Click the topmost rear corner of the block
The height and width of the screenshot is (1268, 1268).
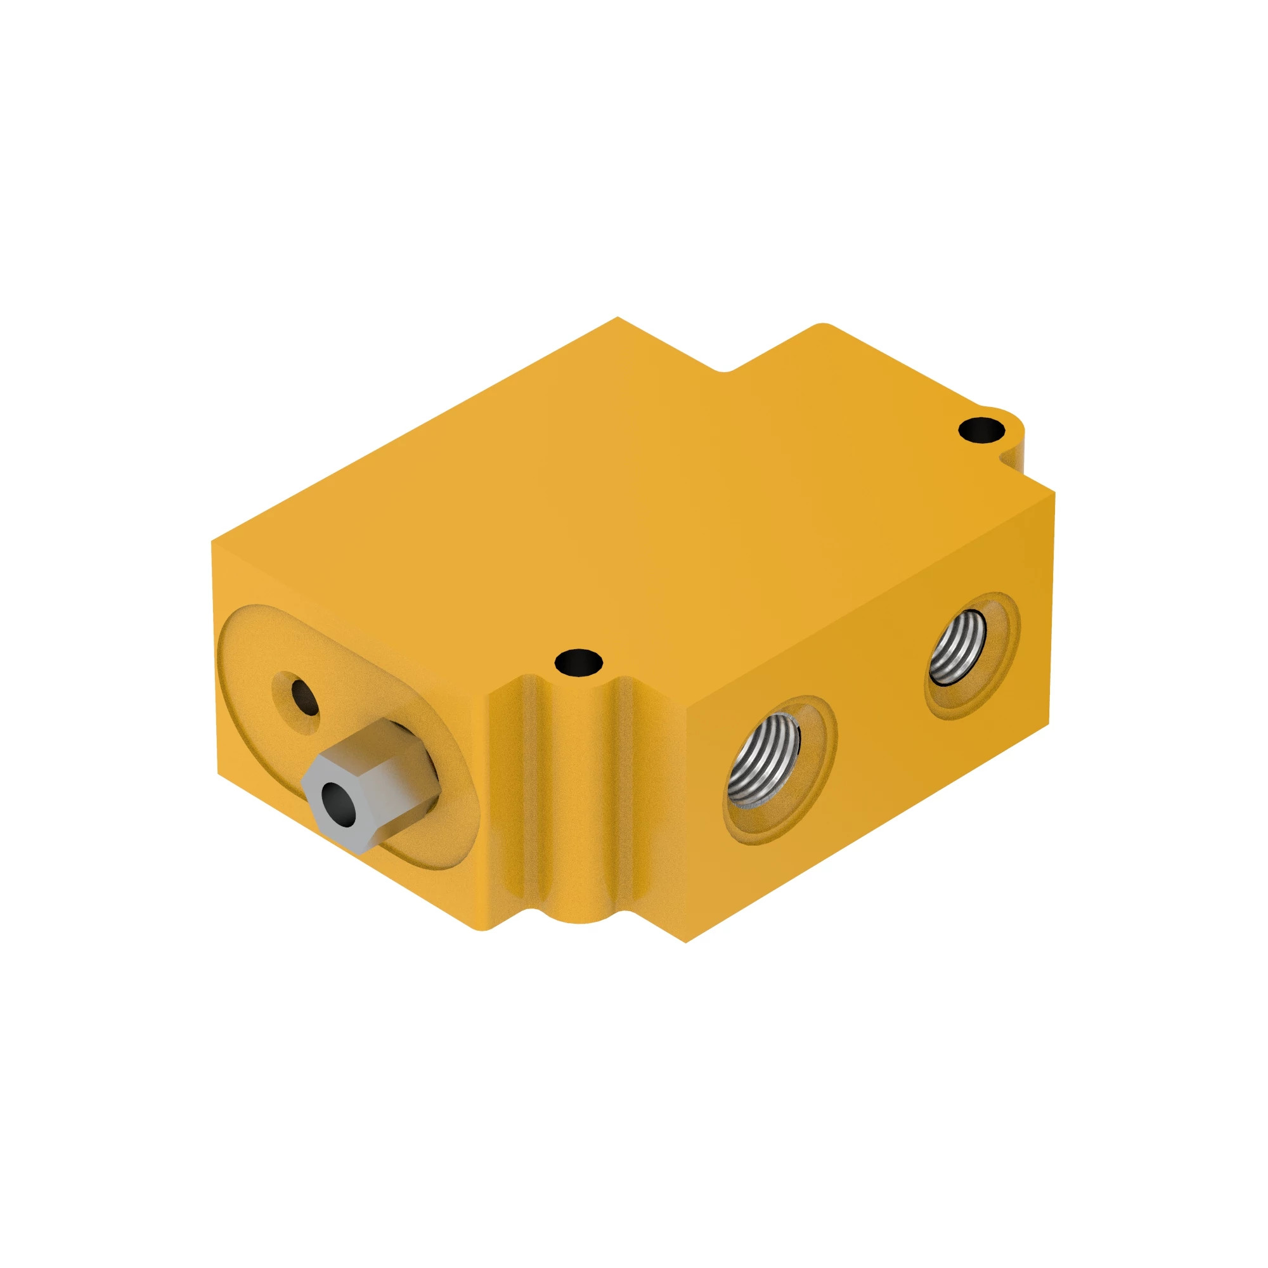point(617,318)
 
